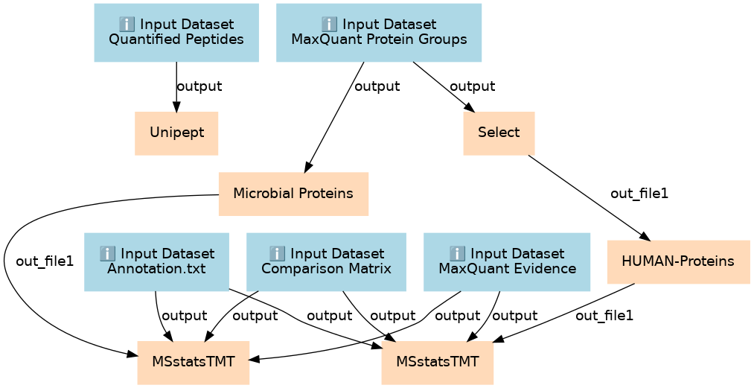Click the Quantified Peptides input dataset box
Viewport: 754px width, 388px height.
176,33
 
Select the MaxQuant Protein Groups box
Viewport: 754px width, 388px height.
379,33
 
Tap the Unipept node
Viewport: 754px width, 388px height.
176,133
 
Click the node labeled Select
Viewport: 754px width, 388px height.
499,133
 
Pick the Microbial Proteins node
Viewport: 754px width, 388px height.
293,194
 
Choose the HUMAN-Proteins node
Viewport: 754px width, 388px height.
678,261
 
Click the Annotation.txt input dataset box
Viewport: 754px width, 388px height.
156,262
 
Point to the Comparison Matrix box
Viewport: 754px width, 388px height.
326,262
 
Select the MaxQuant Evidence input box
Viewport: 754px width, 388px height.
507,262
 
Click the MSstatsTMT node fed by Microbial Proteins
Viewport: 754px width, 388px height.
194,363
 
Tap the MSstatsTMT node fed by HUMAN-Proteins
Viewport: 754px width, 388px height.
438,363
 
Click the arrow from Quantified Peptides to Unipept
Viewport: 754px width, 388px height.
176,86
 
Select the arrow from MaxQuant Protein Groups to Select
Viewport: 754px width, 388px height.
444,87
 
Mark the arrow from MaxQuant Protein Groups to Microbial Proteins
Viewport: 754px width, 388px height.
333,117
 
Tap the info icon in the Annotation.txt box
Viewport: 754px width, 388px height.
106,252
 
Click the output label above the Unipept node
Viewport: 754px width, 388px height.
199,86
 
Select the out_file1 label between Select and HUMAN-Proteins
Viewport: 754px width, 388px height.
639,194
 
